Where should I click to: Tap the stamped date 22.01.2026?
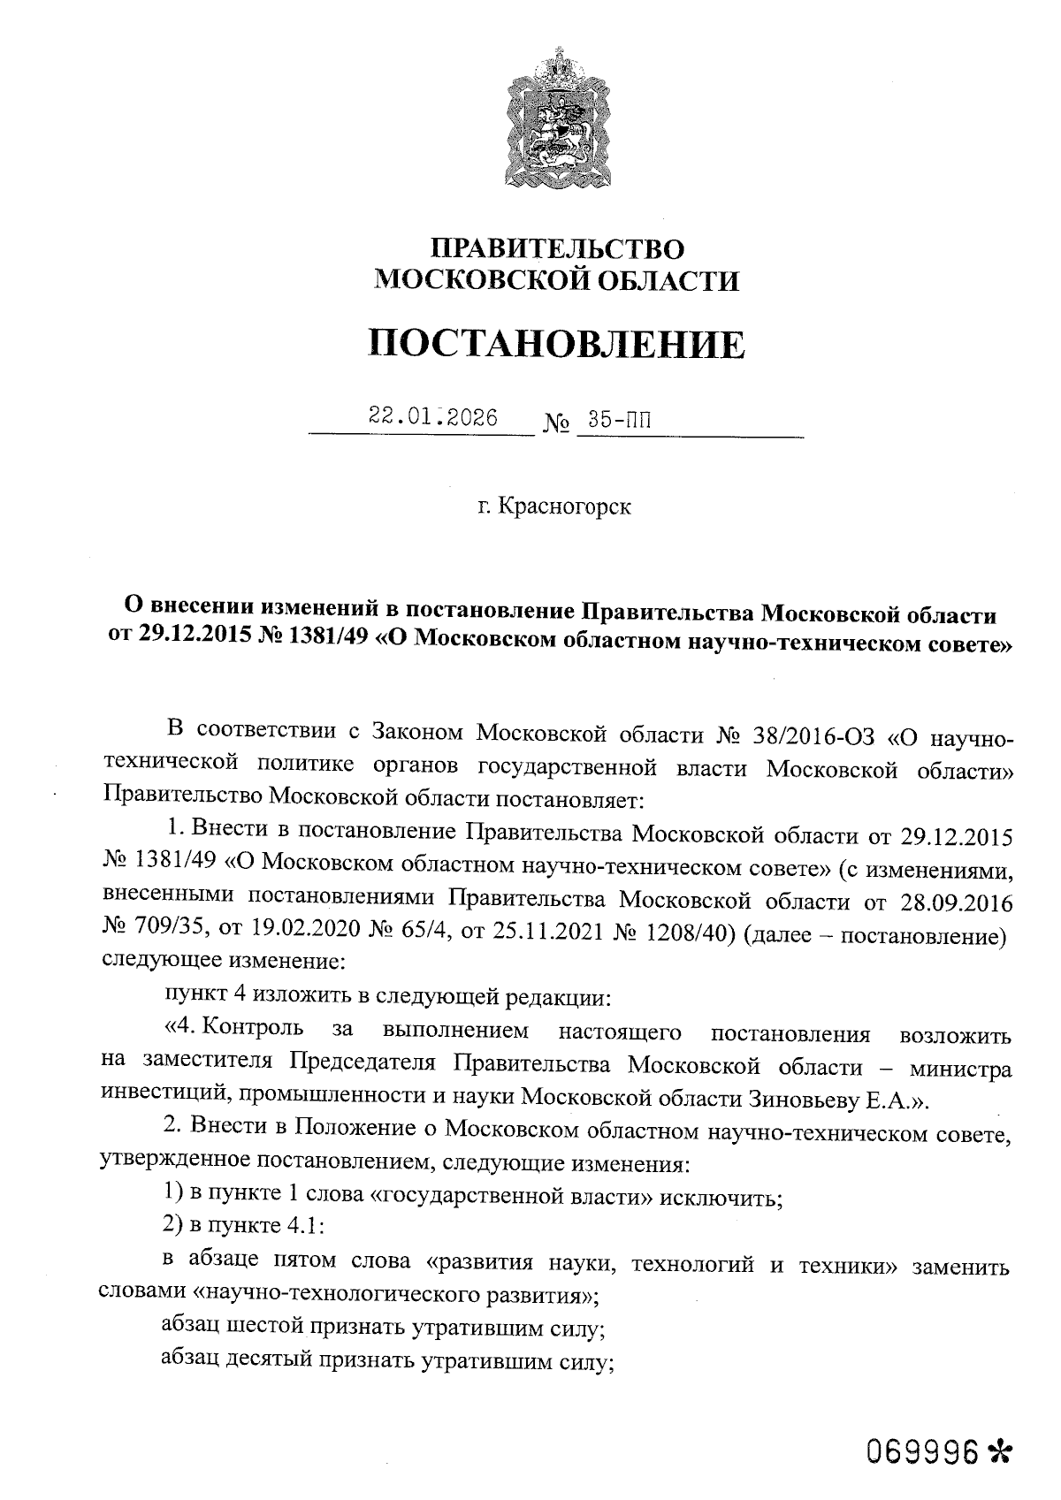433,417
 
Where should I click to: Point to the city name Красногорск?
565,508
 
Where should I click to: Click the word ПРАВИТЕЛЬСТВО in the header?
556,248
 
